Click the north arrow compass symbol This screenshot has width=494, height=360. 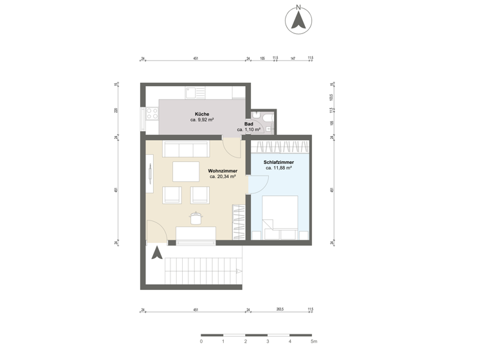click(298, 20)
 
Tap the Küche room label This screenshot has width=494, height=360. click(202, 114)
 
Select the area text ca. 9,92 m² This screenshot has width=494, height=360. click(202, 120)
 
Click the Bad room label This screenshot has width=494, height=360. click(248, 123)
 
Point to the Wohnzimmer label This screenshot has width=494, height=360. click(222, 171)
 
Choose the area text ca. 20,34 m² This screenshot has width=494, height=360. click(222, 177)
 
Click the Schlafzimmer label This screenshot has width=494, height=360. click(279, 163)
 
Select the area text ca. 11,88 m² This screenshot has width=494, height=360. click(279, 168)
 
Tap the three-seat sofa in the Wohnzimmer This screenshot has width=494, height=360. click(186, 149)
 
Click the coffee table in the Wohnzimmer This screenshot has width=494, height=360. click(186, 172)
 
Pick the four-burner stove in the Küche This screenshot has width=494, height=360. click(152, 114)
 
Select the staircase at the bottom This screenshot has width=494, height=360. click(204, 271)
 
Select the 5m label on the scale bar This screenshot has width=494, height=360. click(314, 342)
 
